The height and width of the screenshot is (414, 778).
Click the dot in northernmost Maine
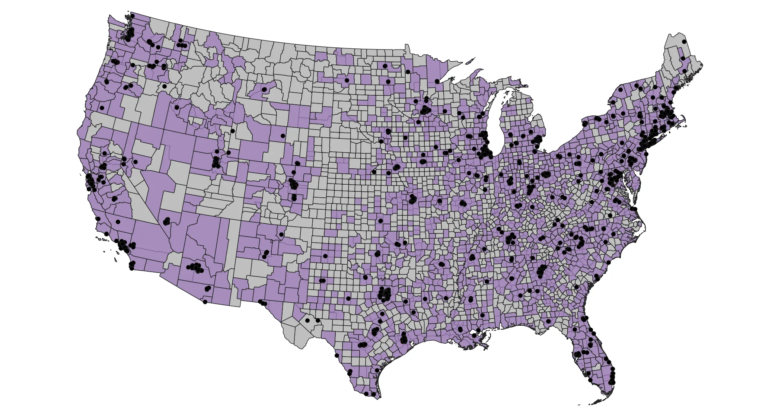tap(684, 42)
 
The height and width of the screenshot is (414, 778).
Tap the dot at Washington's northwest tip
tap(133, 16)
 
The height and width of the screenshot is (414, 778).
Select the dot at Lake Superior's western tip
tap(437, 81)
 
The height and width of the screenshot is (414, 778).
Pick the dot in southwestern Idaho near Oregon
tap(177, 108)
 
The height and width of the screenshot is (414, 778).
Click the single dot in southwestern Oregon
tap(102, 108)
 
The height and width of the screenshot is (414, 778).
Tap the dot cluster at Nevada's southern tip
tap(166, 221)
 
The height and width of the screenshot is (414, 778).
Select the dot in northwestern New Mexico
tap(281, 235)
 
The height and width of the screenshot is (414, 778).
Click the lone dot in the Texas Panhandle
tap(325, 256)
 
